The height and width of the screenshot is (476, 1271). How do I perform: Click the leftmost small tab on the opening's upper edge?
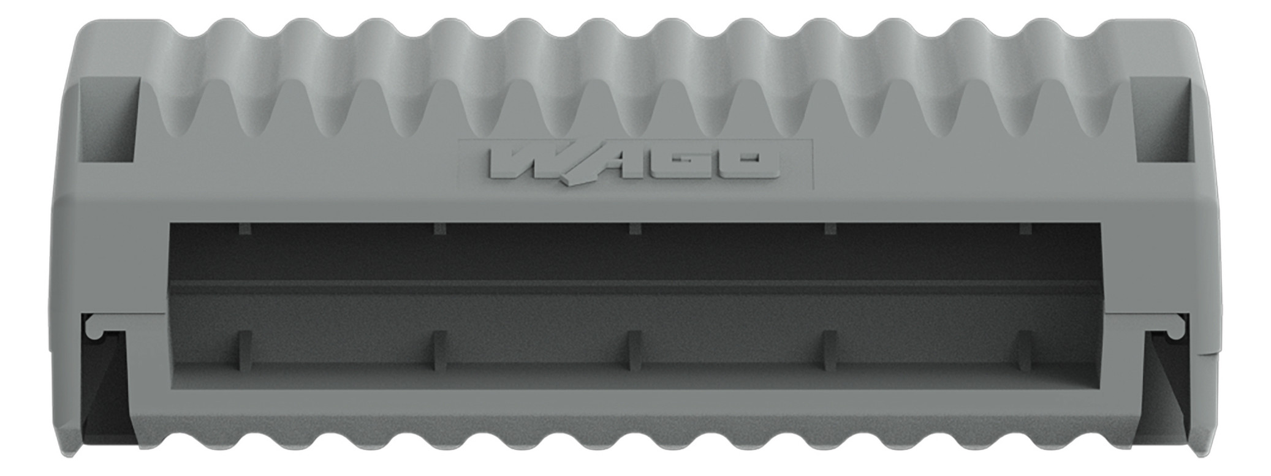pos(245,229)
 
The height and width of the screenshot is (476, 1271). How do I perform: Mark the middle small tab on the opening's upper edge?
pos(635,229)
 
